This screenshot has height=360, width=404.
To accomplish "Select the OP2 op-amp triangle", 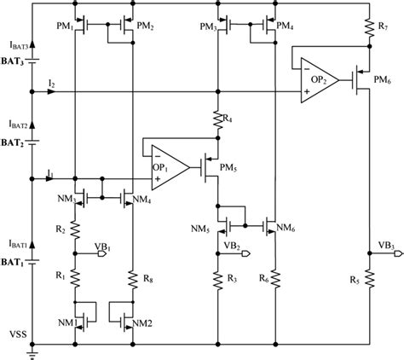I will coord(316,83).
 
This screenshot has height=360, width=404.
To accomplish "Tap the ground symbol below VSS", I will coord(32,348).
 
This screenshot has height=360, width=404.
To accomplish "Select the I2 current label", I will coord(53,81).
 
